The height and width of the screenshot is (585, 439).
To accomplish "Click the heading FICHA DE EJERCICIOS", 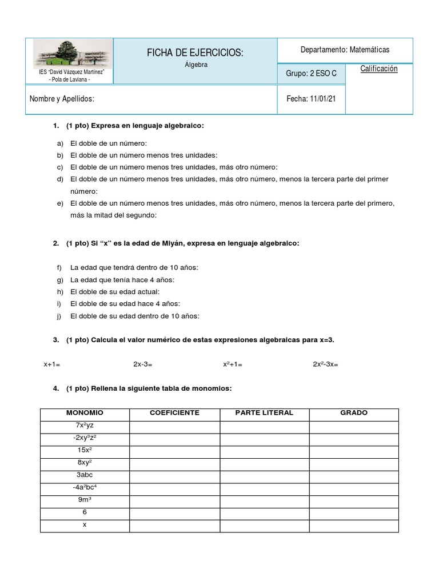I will (195, 53).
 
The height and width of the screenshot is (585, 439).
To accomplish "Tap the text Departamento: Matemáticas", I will (345, 50).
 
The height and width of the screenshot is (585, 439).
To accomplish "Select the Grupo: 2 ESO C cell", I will (311, 73).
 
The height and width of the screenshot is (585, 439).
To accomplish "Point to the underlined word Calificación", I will (378, 69).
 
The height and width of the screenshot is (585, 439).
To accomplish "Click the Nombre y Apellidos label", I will (62, 99).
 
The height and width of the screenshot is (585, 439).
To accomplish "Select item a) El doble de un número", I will (109, 143).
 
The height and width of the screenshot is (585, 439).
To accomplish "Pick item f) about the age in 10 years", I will (134, 267).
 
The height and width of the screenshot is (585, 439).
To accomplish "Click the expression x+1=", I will (52, 364).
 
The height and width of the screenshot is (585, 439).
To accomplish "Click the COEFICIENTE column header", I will (174, 412).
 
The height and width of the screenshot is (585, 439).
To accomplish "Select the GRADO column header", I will (354, 412).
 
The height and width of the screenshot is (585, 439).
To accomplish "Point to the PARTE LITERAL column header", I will (264, 412).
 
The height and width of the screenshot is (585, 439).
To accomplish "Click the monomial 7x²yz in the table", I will (85, 425).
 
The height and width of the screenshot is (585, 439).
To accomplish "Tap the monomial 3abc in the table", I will (85, 474).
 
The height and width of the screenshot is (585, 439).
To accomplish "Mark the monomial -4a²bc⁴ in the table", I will (85, 487).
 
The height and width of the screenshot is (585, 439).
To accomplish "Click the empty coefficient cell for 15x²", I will (174, 450).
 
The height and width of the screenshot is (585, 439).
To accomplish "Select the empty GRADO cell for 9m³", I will (354, 499).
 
